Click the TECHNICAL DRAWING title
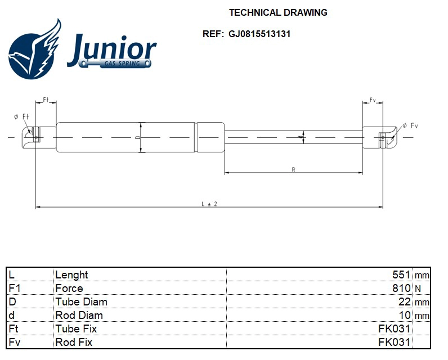click(278, 12)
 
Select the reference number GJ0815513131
click(259, 34)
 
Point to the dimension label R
click(293, 169)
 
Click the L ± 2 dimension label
click(209, 204)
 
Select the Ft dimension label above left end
click(46, 100)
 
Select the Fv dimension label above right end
click(373, 100)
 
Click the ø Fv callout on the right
click(409, 125)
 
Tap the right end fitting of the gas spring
click(383, 137)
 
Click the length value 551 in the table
click(401, 275)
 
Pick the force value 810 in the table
click(401, 289)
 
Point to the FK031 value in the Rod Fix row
click(395, 343)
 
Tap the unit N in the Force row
click(418, 289)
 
